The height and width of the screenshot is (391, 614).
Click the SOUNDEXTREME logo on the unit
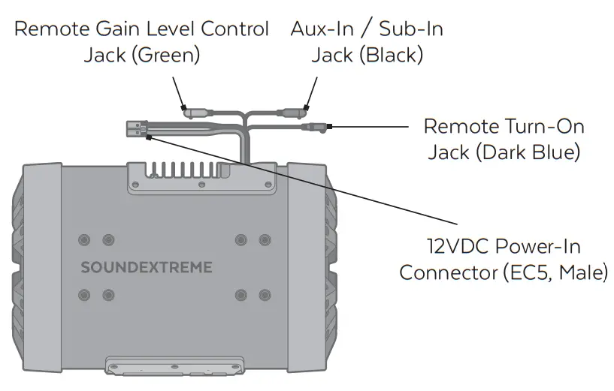(x=146, y=267)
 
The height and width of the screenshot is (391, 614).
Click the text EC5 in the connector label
(x=526, y=272)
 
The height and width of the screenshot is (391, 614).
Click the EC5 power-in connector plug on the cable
(x=136, y=129)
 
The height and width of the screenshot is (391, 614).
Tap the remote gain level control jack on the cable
(x=195, y=113)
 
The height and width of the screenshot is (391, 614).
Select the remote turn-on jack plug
(x=313, y=128)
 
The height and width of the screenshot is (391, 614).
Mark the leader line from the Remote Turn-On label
(x=368, y=126)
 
